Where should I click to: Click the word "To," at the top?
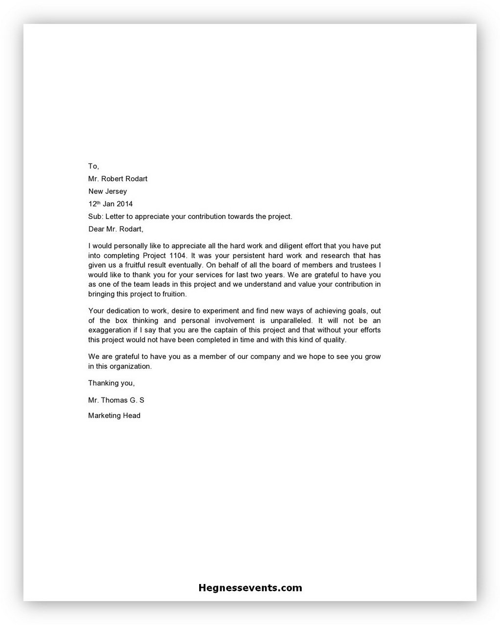tap(93, 167)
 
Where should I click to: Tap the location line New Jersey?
tap(107, 191)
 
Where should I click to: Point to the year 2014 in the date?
tap(124, 204)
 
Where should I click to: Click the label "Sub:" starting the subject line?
tap(96, 216)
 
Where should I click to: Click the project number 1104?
tap(175, 255)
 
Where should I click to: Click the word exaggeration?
tap(109, 330)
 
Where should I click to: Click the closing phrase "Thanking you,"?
tap(111, 383)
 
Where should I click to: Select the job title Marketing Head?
tap(114, 416)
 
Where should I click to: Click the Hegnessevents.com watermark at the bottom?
tap(250, 588)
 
